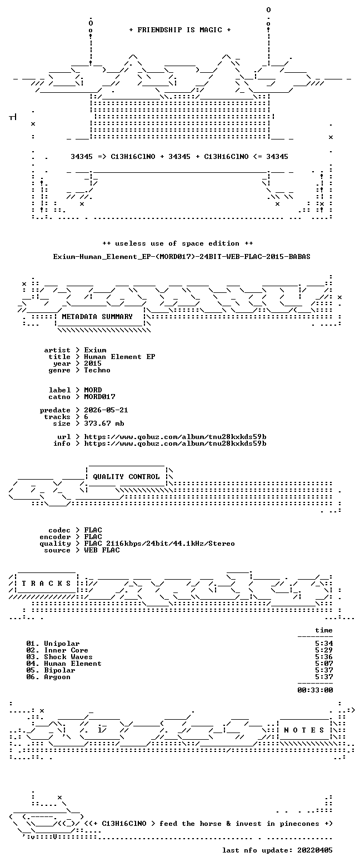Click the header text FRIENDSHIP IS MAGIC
pos(179,30)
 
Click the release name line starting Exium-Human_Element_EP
pos(182,257)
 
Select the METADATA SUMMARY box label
pos(97,317)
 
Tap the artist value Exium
pos(95,350)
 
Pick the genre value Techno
pos(97,370)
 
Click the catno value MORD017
pos(99,397)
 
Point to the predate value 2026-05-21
pos(106,410)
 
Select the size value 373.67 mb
pos(104,423)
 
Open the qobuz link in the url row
pos(175,437)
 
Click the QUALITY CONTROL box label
pos(126,477)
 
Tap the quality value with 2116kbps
pos(159,544)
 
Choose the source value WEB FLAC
pos(102,550)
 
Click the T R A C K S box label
pos(47,584)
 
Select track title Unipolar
pos(62,644)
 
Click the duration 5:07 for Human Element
pos(324,664)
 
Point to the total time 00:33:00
pos(315,690)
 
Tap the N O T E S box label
pos(304,730)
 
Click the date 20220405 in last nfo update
pos(315,850)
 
